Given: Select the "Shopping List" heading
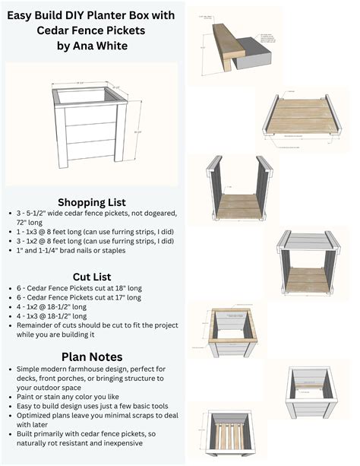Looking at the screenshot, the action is point(92,202).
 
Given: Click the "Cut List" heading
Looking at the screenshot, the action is point(92,277).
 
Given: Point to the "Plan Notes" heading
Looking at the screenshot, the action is point(92,357).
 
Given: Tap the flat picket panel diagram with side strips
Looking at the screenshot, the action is point(302,122).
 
